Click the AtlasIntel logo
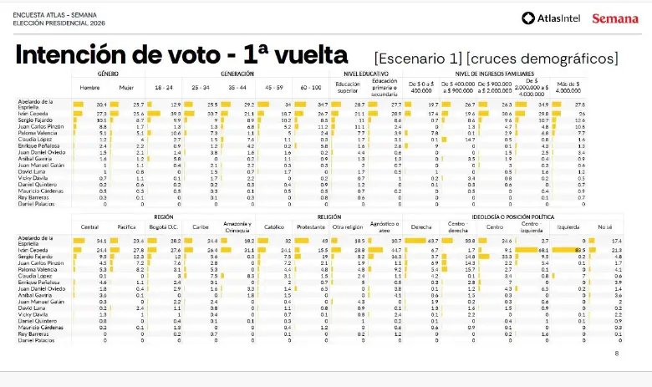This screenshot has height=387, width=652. (552, 18)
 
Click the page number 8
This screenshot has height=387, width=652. (616, 354)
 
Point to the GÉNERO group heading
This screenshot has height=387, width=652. (108, 74)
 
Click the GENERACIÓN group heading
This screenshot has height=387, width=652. (237, 74)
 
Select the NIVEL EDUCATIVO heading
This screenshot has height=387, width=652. (365, 74)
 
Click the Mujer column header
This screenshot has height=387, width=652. (125, 87)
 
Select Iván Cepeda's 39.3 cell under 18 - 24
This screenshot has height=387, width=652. (176, 112)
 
